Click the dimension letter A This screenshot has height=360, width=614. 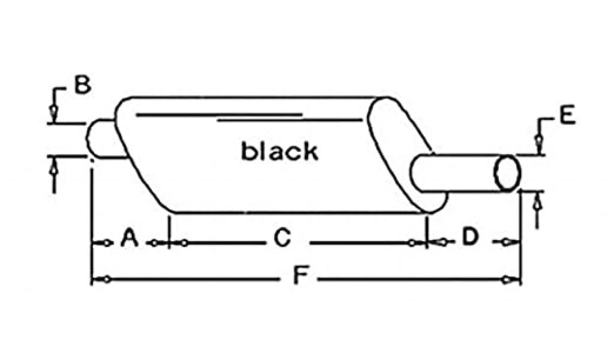(x=129, y=239)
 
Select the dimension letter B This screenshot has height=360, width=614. (x=82, y=85)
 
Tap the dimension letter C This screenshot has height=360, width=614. (x=282, y=239)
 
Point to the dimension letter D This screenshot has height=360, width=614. (x=470, y=238)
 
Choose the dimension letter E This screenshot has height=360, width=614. (x=567, y=116)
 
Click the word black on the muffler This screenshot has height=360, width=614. (x=279, y=151)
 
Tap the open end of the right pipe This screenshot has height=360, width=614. (x=507, y=173)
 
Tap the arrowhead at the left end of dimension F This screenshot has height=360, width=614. (x=104, y=279)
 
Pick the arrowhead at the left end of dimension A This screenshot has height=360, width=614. (x=104, y=243)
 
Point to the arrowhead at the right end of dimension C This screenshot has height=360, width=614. (x=413, y=243)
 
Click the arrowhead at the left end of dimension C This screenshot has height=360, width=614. (x=183, y=243)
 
